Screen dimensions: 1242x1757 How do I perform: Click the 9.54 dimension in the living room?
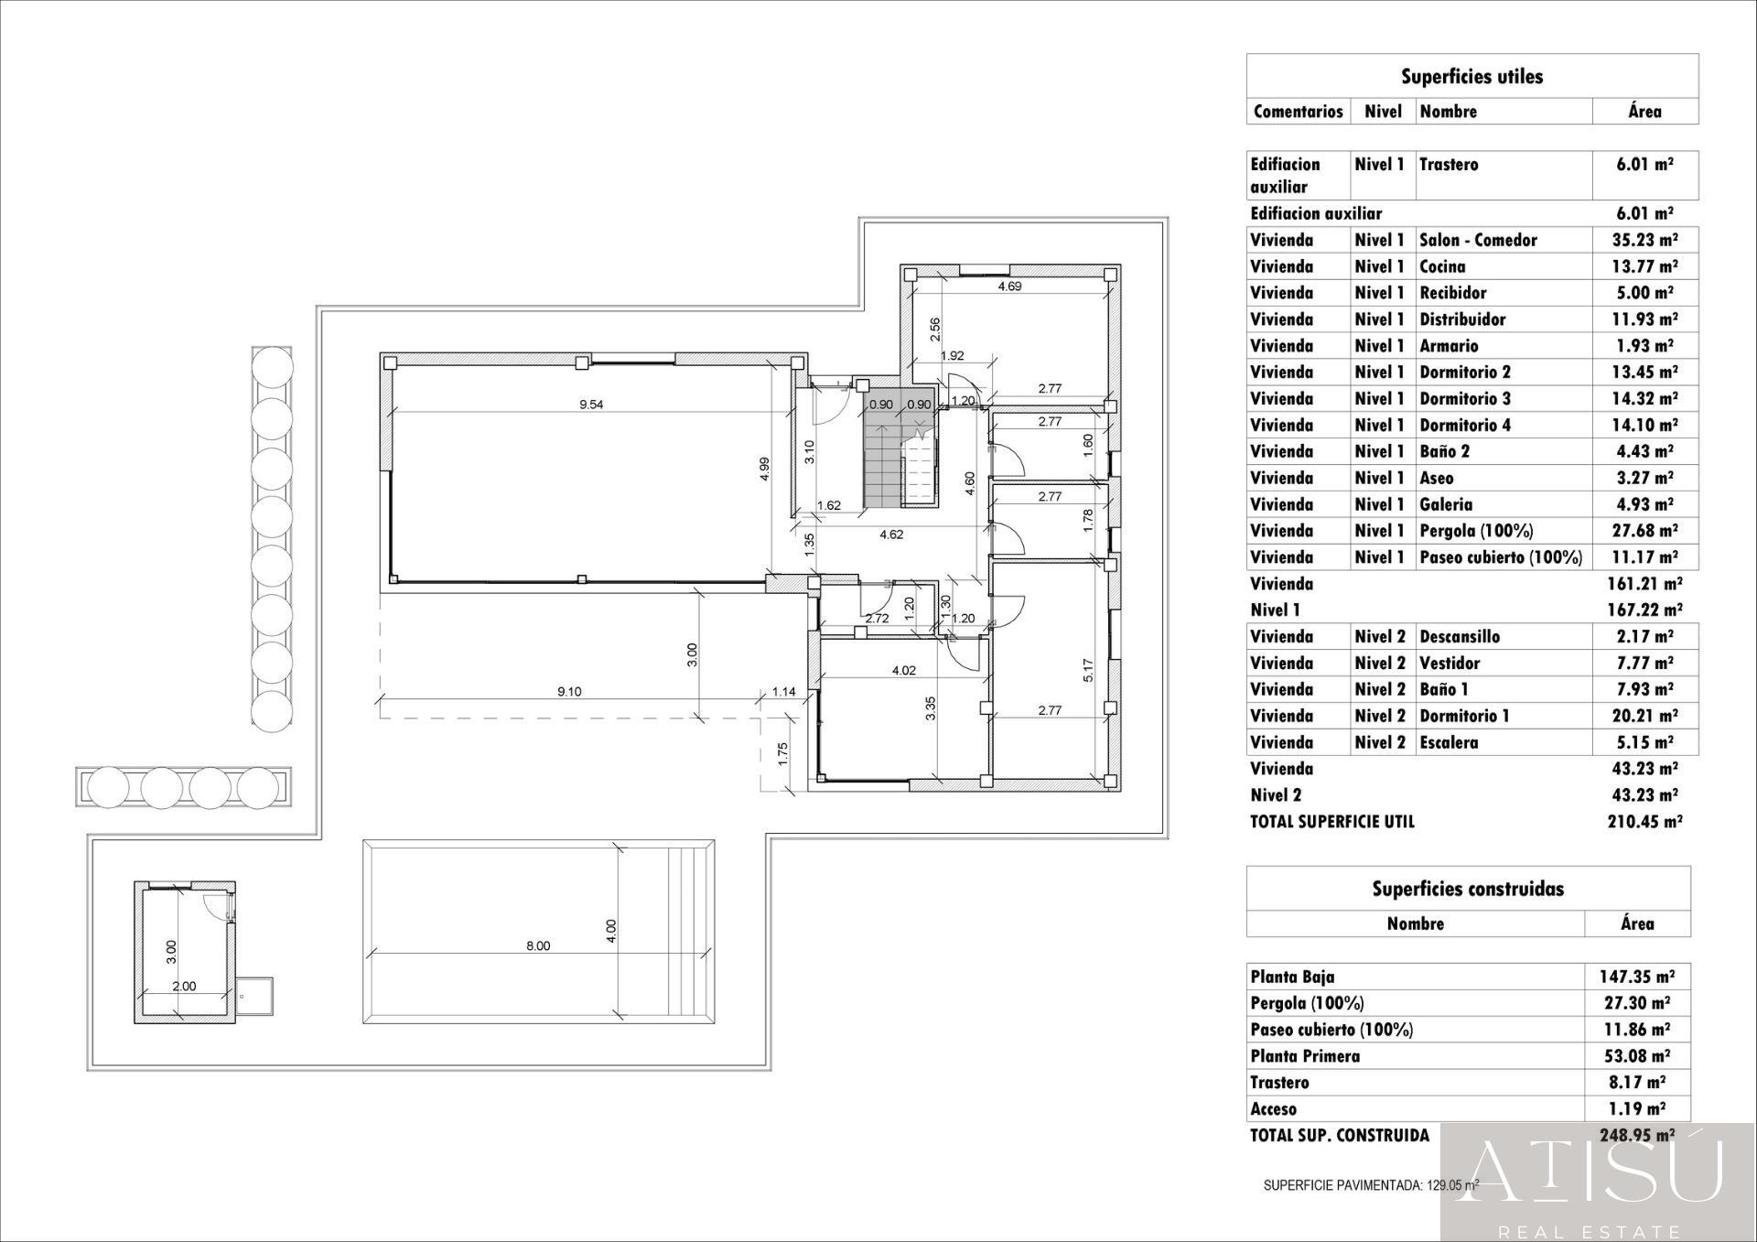(x=591, y=405)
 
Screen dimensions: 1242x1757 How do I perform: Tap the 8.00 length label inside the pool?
(x=538, y=945)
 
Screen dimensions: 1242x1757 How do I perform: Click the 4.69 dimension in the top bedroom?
(x=1009, y=286)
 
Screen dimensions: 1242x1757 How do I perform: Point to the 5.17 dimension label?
(x=1088, y=671)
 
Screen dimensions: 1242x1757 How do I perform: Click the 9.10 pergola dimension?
(x=569, y=692)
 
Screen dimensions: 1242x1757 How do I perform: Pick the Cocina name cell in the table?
(x=1442, y=266)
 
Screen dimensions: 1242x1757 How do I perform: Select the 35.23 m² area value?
(x=1644, y=240)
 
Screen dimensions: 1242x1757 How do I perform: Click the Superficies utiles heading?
(x=1471, y=77)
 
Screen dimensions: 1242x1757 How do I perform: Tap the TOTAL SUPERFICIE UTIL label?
(x=1332, y=822)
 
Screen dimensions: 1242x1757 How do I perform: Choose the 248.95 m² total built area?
(x=1637, y=1135)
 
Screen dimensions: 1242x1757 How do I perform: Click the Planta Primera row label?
(x=1305, y=1056)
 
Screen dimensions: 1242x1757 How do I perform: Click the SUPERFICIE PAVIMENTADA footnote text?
(x=1370, y=1185)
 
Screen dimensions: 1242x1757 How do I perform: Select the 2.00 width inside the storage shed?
(x=184, y=987)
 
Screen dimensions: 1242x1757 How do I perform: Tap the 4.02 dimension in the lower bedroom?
(x=903, y=671)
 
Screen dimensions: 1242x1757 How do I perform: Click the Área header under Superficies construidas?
(x=1637, y=923)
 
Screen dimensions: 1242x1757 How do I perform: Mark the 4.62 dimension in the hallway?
(x=891, y=535)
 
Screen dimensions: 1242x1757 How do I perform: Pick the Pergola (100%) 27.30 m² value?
(x=1637, y=1003)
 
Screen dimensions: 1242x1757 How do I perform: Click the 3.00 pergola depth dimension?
(x=692, y=654)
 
